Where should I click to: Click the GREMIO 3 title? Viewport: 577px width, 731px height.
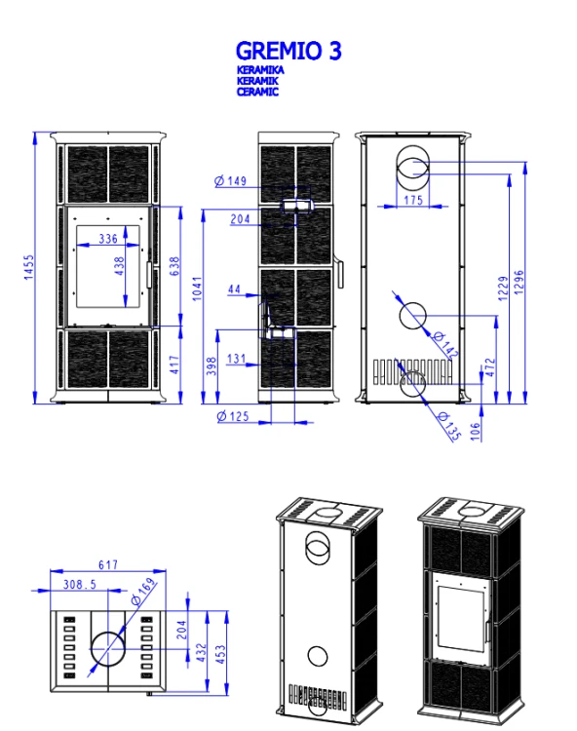pyautogui.click(x=288, y=51)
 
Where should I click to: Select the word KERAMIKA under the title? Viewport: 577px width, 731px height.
pyautogui.click(x=260, y=70)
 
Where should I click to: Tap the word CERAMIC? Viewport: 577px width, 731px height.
pyautogui.click(x=257, y=92)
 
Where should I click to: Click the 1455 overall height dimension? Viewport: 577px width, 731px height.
pyautogui.click(x=29, y=267)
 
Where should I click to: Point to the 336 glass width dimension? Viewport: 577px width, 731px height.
pyautogui.click(x=108, y=239)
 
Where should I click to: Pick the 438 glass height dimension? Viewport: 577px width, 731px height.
pyautogui.click(x=119, y=266)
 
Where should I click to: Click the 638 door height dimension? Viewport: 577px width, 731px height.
pyautogui.click(x=174, y=266)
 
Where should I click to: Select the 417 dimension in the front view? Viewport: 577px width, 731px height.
pyautogui.click(x=174, y=365)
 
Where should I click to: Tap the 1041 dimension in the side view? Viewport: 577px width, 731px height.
pyautogui.click(x=197, y=289)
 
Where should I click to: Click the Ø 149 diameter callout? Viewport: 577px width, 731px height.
pyautogui.click(x=231, y=181)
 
